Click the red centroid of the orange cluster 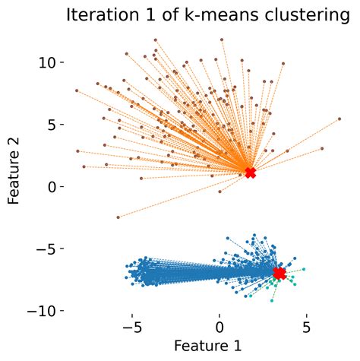(x=251, y=173)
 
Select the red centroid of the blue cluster (x=279, y=273)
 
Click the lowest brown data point (x=118, y=217)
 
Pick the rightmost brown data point (x=339, y=119)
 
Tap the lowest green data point (x=272, y=301)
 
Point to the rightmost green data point (x=304, y=269)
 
